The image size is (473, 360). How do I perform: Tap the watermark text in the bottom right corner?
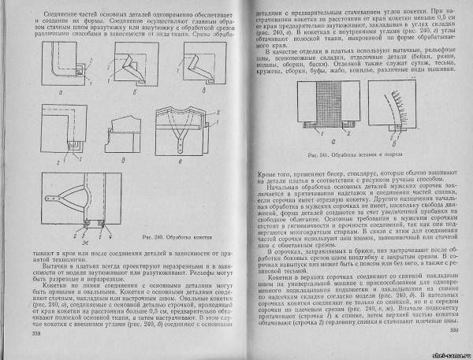[x=445, y=353]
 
